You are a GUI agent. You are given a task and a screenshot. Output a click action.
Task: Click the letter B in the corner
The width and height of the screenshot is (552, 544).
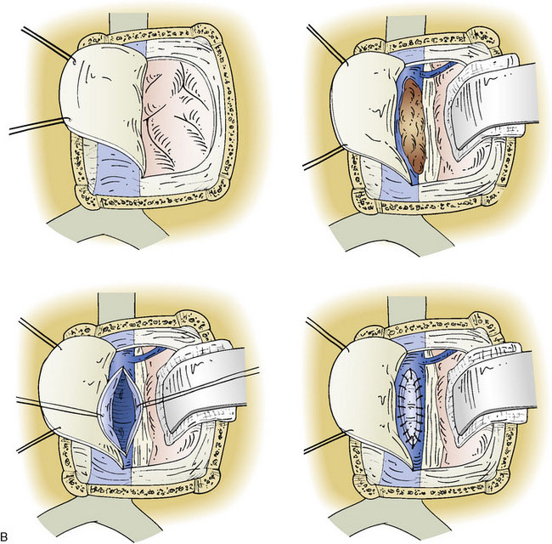tap(4, 536)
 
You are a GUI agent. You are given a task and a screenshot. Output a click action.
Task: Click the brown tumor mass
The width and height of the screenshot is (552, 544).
tap(413, 126)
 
